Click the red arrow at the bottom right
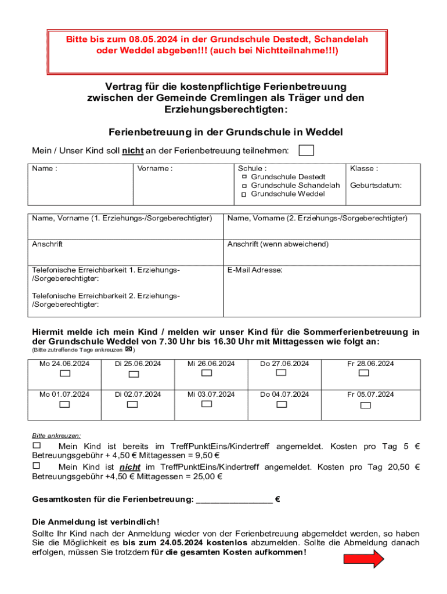point(364,559)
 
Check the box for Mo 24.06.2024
point(64,374)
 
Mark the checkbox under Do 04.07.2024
point(282,404)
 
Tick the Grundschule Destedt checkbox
point(244,176)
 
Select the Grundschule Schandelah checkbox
point(244,185)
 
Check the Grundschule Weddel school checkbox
point(244,194)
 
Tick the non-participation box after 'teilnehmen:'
point(306,151)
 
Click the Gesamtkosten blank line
point(234,499)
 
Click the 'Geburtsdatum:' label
point(376,186)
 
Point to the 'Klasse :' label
point(363,169)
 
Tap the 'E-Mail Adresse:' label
point(255,270)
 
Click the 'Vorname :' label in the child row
point(154,169)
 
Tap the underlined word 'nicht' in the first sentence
point(133,151)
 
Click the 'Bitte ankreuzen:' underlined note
point(56,435)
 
